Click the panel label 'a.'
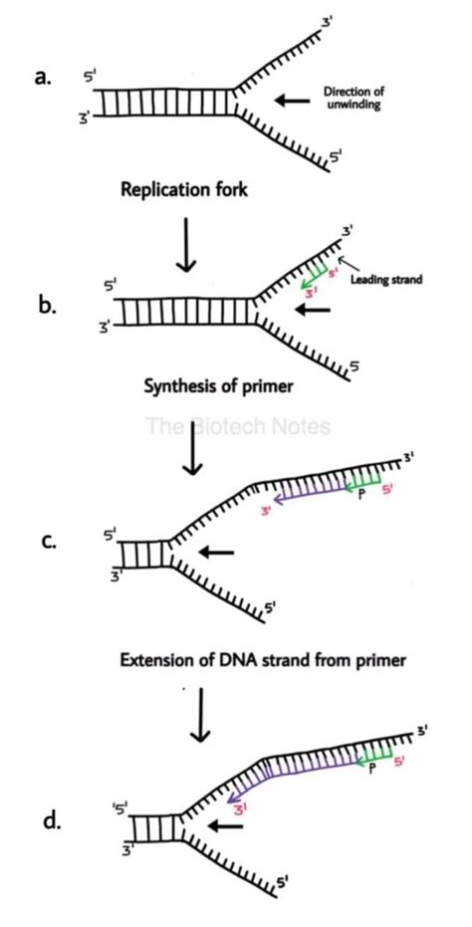tap(43, 80)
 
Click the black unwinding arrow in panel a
tap(297, 99)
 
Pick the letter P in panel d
tap(370, 770)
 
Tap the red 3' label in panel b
tap(310, 293)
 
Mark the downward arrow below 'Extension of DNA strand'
tap(200, 722)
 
